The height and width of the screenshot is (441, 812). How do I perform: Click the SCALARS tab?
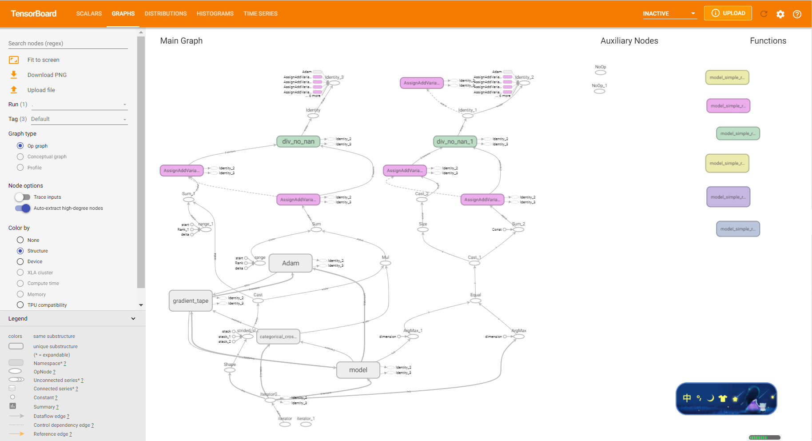[89, 14]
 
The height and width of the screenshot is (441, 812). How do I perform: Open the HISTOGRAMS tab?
[215, 14]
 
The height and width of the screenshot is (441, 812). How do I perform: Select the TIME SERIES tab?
[260, 14]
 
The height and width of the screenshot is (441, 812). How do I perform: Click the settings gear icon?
[780, 14]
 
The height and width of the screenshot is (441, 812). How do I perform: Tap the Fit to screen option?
[43, 60]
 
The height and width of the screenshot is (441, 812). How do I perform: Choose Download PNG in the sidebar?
[47, 75]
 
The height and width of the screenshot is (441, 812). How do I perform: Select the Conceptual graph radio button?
[20, 157]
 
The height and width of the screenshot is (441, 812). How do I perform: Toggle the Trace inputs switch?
[23, 197]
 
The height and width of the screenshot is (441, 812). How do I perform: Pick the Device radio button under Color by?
[20, 262]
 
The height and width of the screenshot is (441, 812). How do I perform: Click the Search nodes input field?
[68, 43]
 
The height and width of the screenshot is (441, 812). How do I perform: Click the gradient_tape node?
[191, 301]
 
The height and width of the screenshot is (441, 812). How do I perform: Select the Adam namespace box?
[291, 263]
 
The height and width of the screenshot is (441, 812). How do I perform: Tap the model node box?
[358, 370]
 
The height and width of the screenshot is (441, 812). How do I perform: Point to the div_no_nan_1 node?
[454, 142]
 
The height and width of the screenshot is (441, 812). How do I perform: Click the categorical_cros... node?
[278, 337]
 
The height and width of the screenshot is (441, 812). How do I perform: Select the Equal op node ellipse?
[476, 301]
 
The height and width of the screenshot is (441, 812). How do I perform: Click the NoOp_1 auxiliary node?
[600, 91]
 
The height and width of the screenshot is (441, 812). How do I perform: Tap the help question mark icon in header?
[797, 14]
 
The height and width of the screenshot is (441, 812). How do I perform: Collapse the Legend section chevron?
[133, 319]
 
